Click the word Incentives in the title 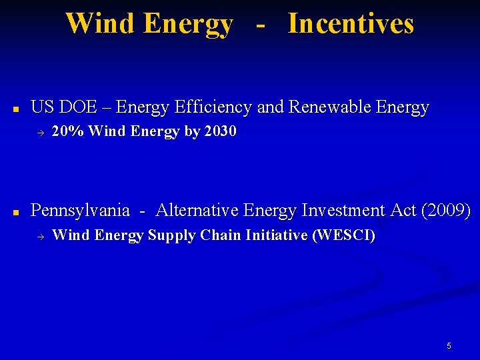(351, 23)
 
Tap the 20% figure (67, 132)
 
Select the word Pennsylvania (80, 211)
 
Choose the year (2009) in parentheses (446, 211)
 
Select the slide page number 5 (449, 346)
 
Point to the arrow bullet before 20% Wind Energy (39, 133)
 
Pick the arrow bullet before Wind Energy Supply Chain (39, 236)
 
